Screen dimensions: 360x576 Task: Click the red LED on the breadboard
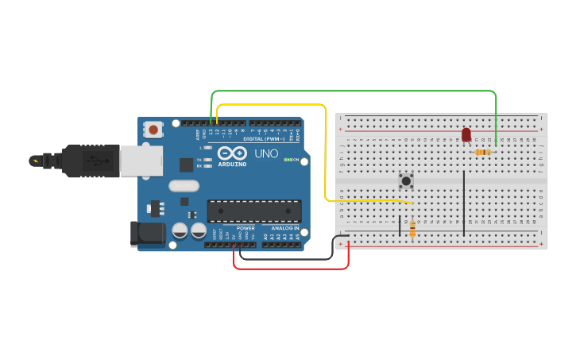point(466,135)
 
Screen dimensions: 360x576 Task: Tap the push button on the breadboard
point(406,181)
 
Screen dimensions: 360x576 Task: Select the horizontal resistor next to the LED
point(482,152)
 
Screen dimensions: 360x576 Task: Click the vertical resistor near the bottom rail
point(412,229)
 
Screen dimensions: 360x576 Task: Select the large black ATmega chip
point(254,211)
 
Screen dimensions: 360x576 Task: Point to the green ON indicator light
point(287,160)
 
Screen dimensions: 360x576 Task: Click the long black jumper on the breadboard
point(464,203)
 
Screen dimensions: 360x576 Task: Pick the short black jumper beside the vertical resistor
point(400,226)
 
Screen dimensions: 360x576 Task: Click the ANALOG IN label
point(284,228)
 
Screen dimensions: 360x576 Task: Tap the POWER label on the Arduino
point(245,228)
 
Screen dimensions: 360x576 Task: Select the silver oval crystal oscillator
point(184,186)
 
